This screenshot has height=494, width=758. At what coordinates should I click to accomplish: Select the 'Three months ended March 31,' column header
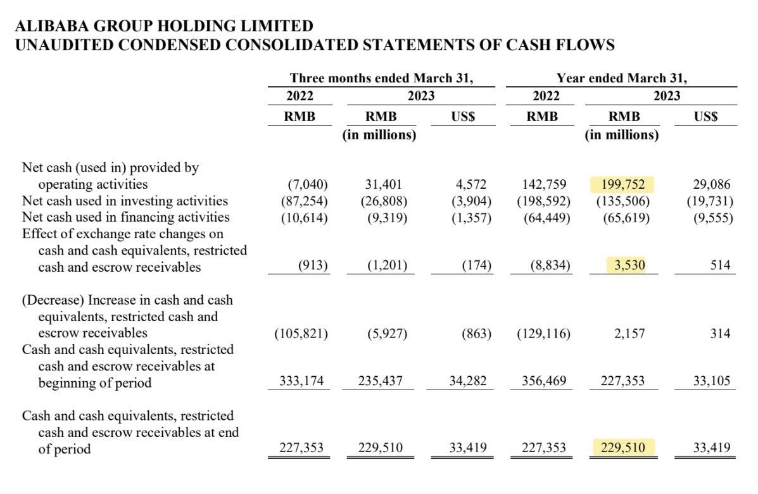382,79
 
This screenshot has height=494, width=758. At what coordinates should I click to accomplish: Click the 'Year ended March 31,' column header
621,79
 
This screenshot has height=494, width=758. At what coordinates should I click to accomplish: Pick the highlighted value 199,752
622,184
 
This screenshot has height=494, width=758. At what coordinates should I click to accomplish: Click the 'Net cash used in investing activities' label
125,201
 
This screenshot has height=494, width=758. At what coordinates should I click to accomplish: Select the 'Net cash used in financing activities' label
125,217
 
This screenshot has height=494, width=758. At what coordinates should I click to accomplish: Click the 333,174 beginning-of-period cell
301,382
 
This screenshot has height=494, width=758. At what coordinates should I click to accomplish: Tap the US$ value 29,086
711,184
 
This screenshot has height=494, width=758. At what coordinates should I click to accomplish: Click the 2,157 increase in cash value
629,332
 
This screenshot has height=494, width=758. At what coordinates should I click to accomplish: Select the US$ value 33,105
711,382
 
